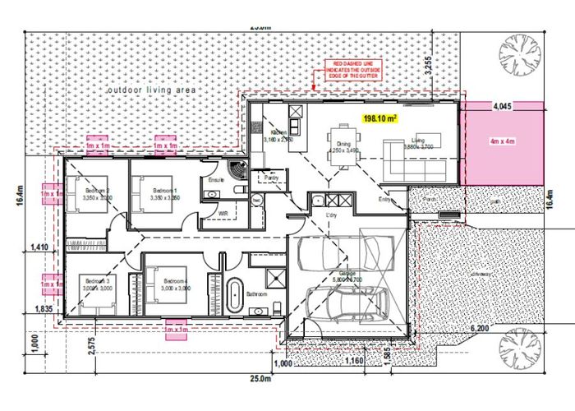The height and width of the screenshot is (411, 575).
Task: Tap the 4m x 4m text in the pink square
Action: (x=500, y=141)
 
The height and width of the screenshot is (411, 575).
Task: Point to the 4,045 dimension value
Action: (x=504, y=107)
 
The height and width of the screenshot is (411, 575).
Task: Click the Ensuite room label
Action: (x=217, y=178)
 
